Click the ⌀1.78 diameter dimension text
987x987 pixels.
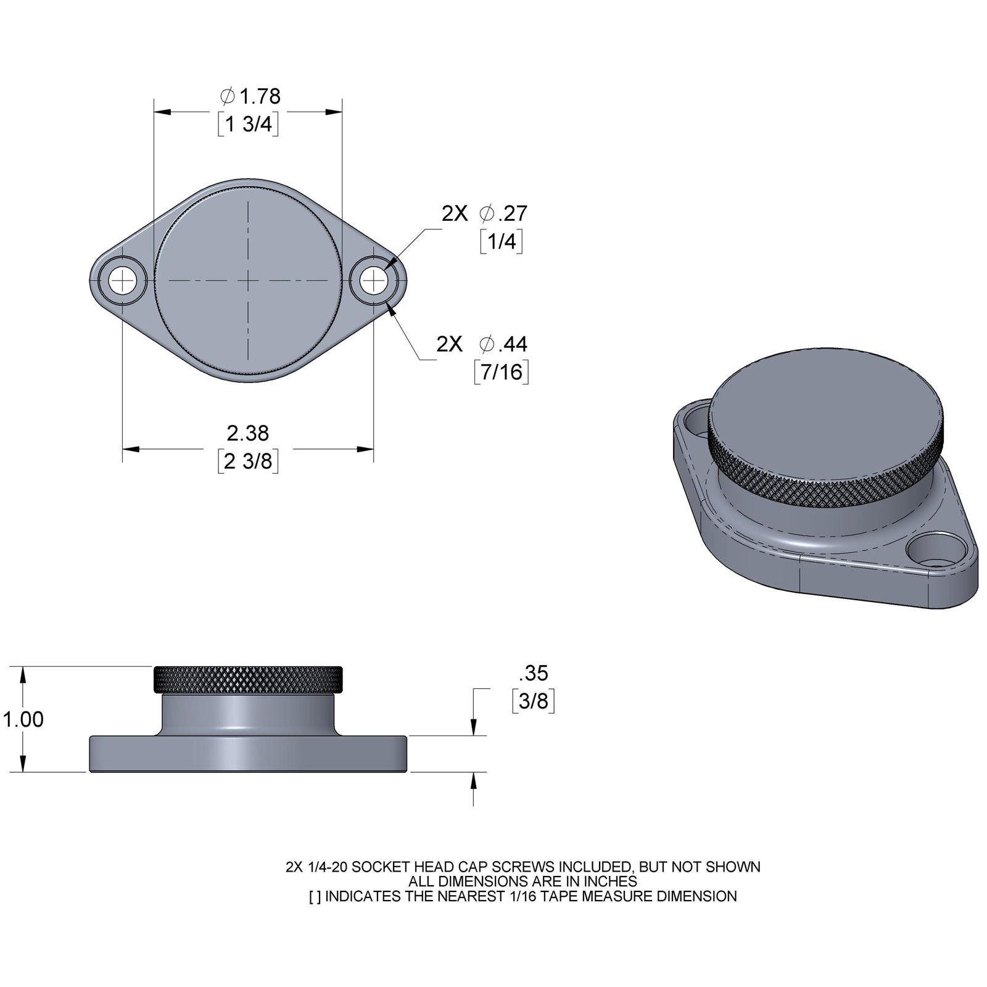coord(250,96)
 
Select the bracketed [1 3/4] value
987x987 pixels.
coord(248,125)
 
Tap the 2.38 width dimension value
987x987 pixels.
coord(248,433)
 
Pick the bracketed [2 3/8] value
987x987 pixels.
coord(248,461)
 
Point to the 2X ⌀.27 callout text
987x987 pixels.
coord(484,213)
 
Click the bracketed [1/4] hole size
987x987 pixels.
coord(502,241)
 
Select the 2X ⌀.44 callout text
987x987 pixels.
coord(482,344)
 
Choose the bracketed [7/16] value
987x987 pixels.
coord(502,372)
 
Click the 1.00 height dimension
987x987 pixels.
coord(23,719)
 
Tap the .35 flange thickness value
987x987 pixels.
coord(534,673)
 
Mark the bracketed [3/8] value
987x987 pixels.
coord(534,701)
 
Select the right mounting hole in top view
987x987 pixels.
coord(373,282)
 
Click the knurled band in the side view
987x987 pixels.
coord(247,680)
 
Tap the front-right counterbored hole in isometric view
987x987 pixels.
coord(935,552)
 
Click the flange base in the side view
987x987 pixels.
coord(247,754)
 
